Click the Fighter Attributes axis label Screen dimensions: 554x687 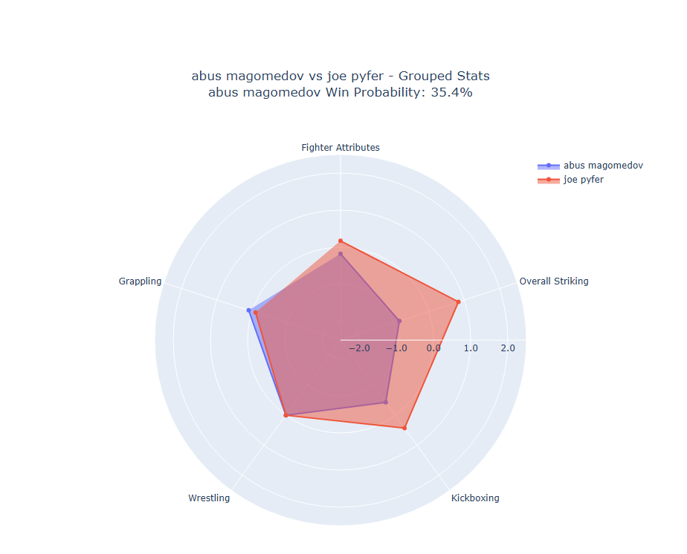(x=340, y=148)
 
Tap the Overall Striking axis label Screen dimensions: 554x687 (x=553, y=281)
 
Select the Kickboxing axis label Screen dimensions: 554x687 (x=475, y=498)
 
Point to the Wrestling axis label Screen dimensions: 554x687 (x=209, y=498)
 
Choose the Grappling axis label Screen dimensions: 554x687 (x=140, y=281)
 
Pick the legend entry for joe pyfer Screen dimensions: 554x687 (x=583, y=180)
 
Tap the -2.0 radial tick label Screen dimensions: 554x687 (x=361, y=348)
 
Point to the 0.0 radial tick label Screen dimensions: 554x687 (x=433, y=348)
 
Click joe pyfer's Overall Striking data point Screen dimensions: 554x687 (x=458, y=302)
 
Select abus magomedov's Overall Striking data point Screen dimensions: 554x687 (x=399, y=321)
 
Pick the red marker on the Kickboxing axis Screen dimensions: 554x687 (x=404, y=428)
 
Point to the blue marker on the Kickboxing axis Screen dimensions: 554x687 (x=385, y=402)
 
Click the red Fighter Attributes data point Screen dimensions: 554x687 (x=341, y=241)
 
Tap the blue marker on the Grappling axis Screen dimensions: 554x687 (x=249, y=310)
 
